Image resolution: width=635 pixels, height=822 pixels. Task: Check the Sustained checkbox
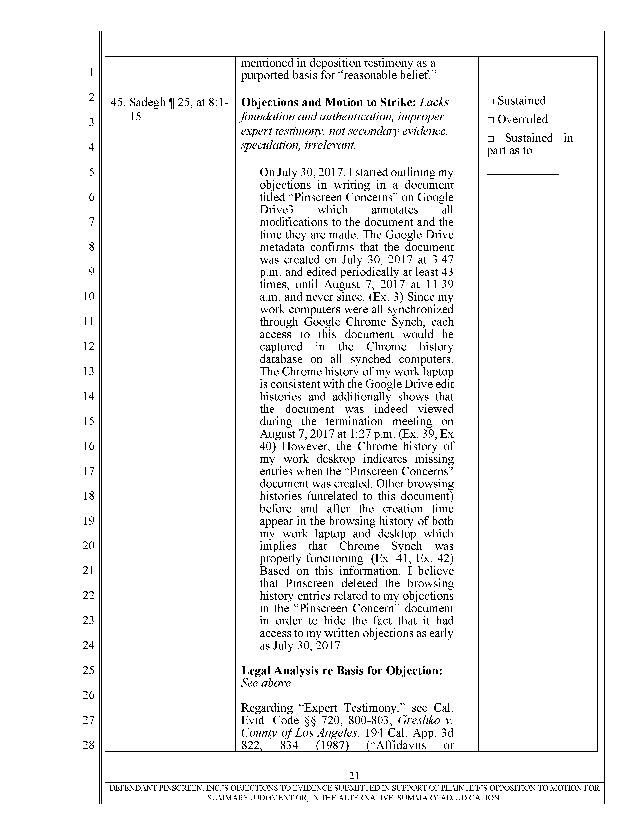point(490,101)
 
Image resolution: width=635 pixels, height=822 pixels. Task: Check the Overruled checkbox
point(490,120)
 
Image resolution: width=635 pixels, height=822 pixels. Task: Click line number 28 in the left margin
point(88,745)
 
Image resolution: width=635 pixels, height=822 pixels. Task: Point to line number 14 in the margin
point(88,396)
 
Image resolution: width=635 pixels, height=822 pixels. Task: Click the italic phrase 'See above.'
point(267,683)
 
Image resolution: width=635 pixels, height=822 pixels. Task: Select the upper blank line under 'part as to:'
point(522,174)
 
